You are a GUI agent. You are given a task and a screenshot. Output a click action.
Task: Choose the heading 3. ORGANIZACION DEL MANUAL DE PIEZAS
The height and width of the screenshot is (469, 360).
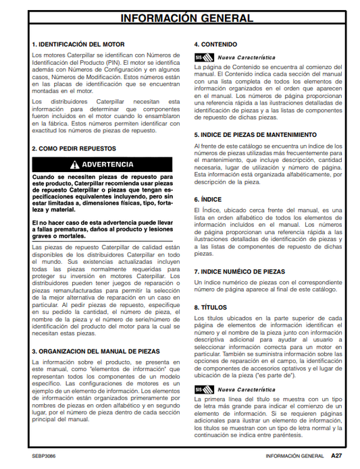pyautogui.click(x=95, y=351)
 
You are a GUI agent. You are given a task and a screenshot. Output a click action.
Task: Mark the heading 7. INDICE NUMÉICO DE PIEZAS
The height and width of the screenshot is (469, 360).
pyautogui.click(x=240, y=271)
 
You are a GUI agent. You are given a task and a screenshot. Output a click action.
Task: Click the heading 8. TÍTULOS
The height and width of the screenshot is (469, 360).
pyautogui.click(x=210, y=307)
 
